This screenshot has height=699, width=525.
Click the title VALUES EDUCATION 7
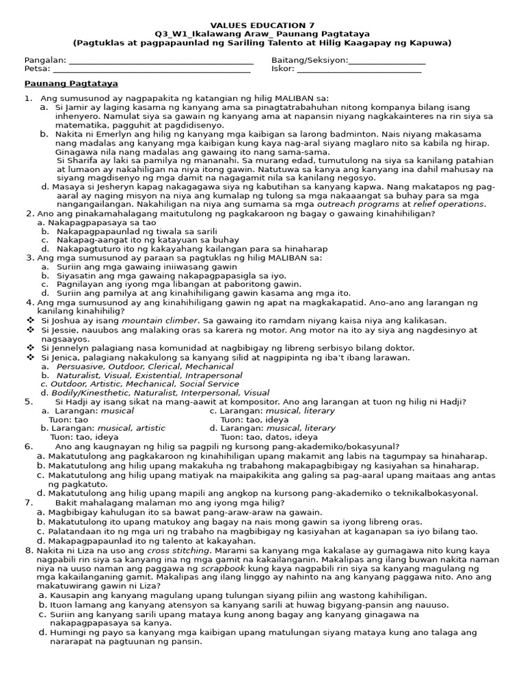pyautogui.click(x=262, y=24)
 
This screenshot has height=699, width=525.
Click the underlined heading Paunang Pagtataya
pyautogui.click(x=71, y=83)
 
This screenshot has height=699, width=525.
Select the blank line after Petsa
pyautogui.click(x=152, y=69)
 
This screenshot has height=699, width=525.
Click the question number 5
pyautogui.click(x=28, y=402)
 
